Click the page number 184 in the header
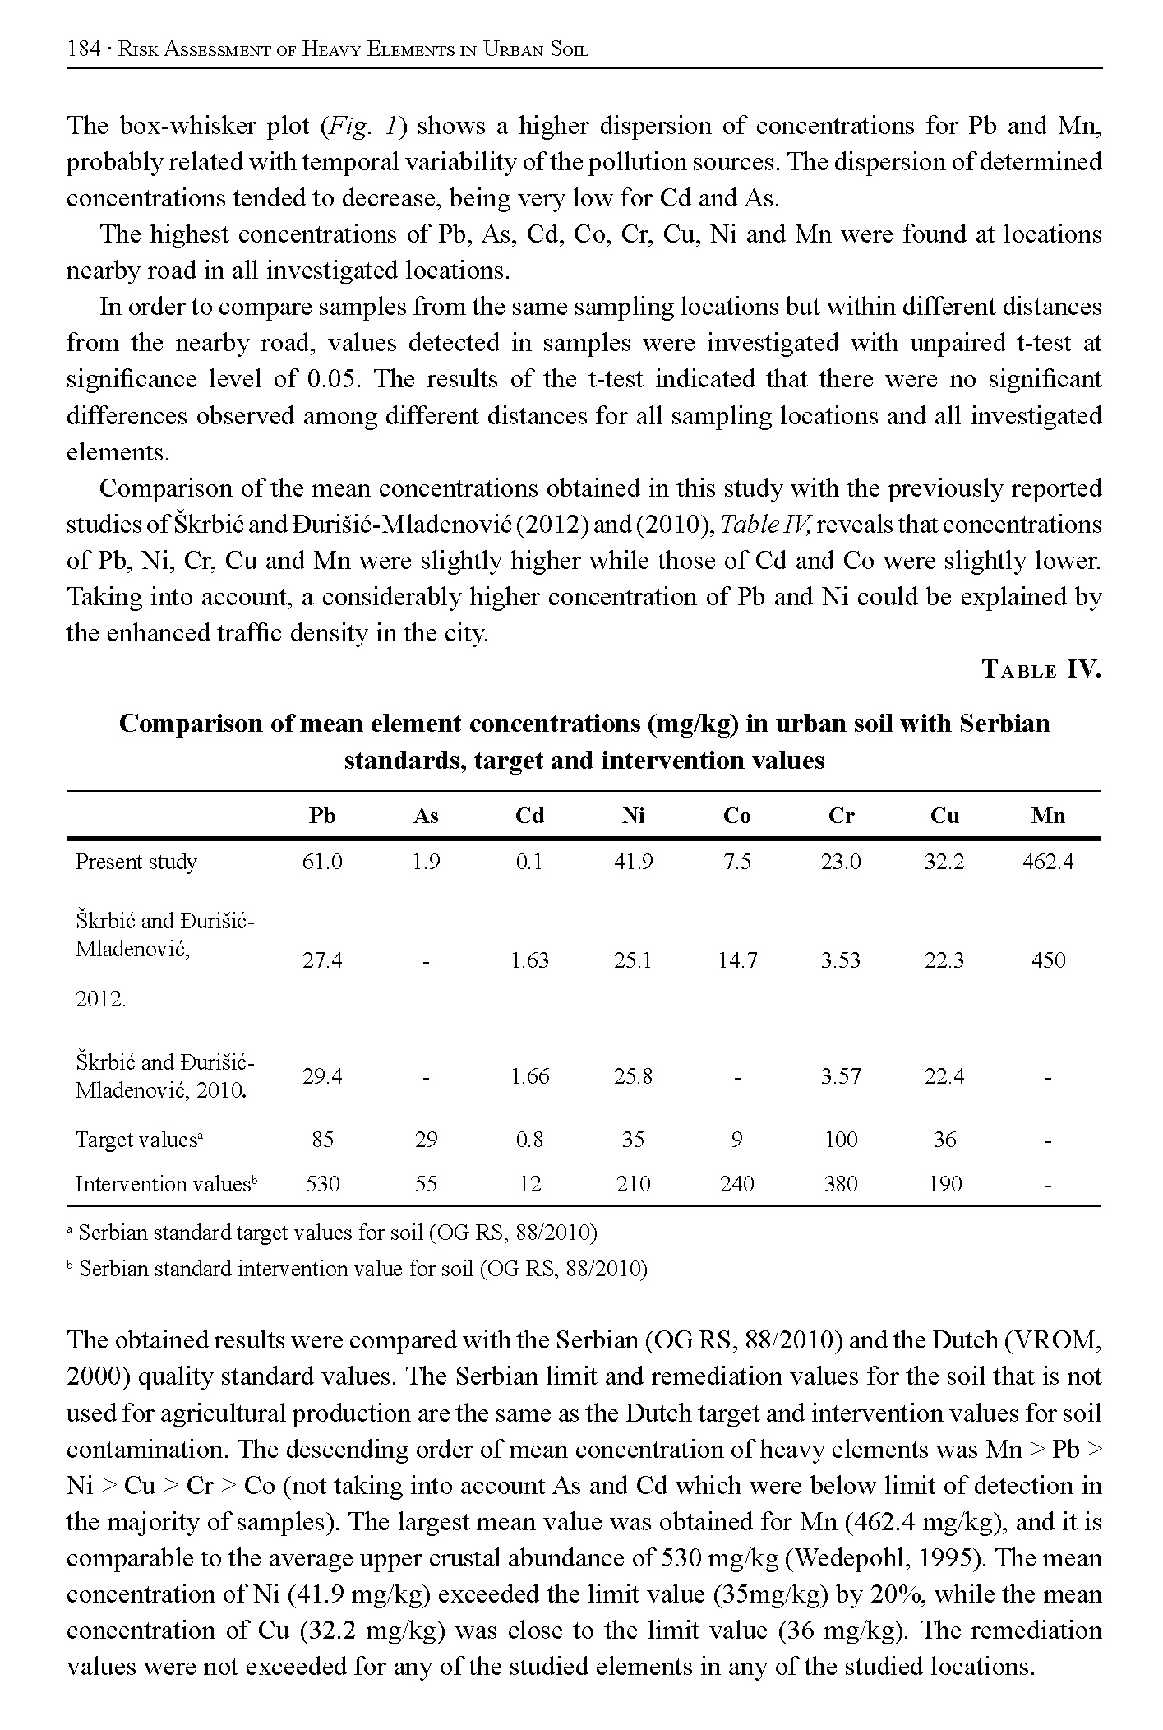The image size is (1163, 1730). pos(83,49)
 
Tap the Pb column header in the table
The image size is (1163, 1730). pos(322,816)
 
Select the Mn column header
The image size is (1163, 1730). pos(1048,816)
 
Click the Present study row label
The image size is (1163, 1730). pos(136,862)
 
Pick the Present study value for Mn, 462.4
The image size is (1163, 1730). pos(1048,862)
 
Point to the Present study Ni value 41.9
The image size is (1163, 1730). pos(633,862)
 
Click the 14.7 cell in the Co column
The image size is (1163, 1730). pos(737,960)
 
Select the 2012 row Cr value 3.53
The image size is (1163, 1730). pos(841,960)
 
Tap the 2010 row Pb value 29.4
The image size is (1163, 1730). pos(322,1075)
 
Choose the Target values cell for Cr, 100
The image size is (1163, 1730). pos(841,1139)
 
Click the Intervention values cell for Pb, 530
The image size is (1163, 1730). pos(322,1183)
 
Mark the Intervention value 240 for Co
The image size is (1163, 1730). pos(737,1183)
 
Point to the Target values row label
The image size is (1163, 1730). pos(140,1140)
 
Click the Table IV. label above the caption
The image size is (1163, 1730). pos(1041,669)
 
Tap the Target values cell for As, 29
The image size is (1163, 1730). pos(426,1139)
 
